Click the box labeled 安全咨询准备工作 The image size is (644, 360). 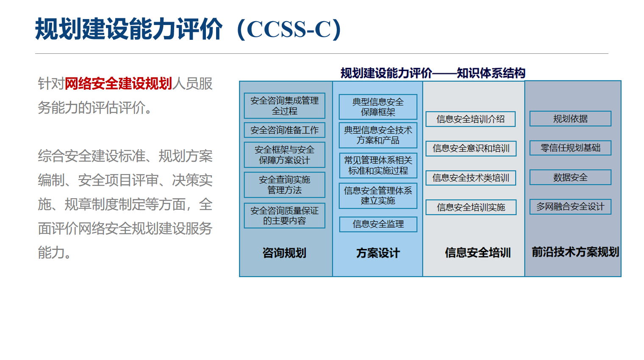[284, 130]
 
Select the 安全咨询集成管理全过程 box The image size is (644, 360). [284, 106]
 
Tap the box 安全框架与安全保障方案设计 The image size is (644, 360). [284, 155]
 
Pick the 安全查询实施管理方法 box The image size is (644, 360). [284, 185]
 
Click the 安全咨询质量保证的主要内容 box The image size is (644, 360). [284, 216]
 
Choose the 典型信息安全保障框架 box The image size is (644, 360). [378, 107]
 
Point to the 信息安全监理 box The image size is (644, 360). [378, 224]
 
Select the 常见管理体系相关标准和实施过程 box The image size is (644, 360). [378, 166]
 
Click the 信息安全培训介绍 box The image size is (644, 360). [471, 119]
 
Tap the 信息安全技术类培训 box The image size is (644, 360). [471, 178]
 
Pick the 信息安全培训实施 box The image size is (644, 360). [471, 207]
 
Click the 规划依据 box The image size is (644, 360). [570, 119]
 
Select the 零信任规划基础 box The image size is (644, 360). [570, 148]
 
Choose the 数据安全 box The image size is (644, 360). [570, 177]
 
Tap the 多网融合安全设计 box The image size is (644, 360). [570, 207]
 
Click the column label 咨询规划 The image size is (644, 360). [284, 253]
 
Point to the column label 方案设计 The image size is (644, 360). [378, 253]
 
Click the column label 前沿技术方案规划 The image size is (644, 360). [575, 252]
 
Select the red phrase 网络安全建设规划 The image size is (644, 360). [118, 83]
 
